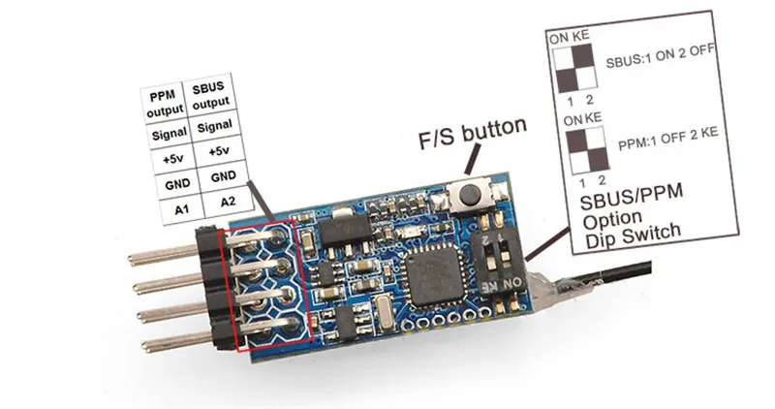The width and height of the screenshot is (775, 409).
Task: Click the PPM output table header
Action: point(161,99)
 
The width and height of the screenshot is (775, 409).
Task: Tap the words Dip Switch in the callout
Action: point(633,230)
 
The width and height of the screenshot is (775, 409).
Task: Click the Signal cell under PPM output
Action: point(161,128)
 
